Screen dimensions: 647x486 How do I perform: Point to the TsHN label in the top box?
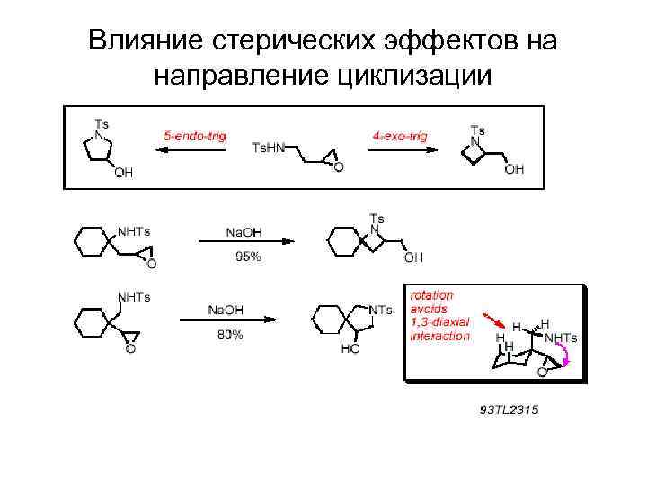coord(267,147)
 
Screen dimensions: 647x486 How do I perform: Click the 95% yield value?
coord(248,256)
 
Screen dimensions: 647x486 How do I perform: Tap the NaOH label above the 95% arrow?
coord(244,232)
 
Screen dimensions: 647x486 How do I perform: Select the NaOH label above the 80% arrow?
coord(225,310)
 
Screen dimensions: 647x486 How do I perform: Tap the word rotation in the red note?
coord(431,294)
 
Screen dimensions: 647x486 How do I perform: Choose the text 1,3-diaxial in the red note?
coord(440,322)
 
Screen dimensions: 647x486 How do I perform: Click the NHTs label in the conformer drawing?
coord(561,337)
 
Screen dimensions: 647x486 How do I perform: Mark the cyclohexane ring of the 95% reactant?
coord(91,245)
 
